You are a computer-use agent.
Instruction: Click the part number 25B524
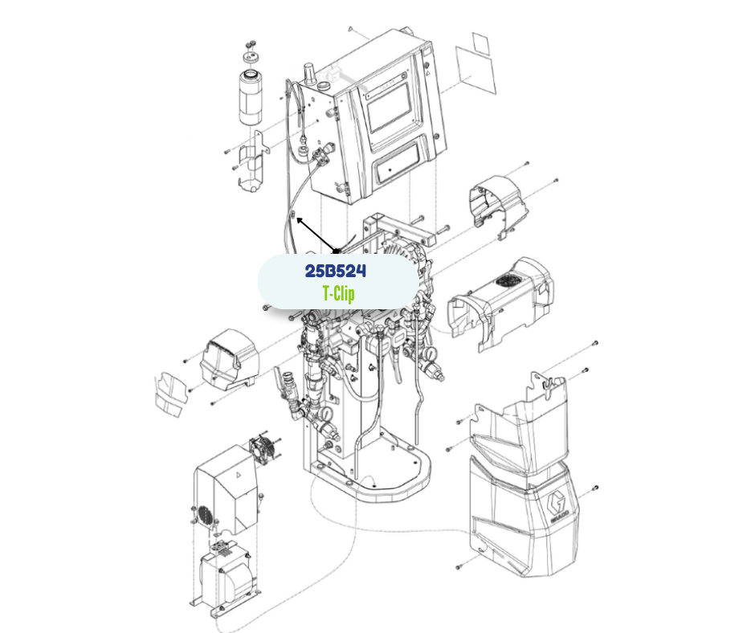point(336,271)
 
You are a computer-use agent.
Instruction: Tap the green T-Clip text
point(338,293)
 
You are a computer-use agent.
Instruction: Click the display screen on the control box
point(389,109)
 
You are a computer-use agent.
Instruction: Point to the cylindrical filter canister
point(251,98)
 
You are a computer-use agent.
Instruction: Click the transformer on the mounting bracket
point(226,577)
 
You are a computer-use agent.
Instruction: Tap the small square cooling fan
point(263,450)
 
